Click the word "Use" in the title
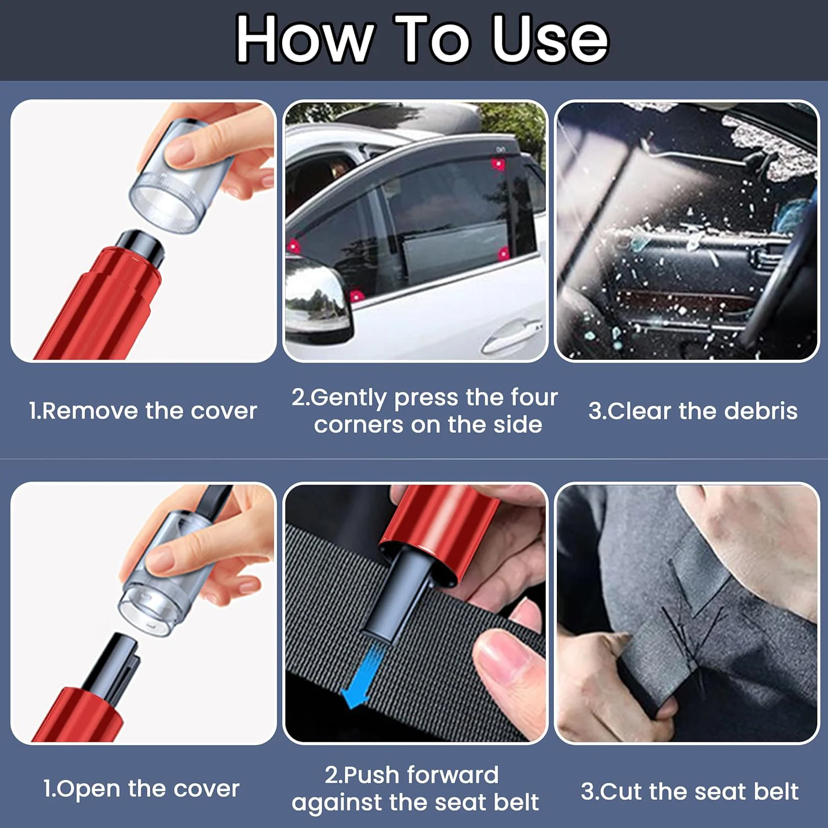(x=550, y=39)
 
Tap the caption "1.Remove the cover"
(x=143, y=411)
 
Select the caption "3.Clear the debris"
(x=693, y=411)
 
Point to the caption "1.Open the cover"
(x=141, y=789)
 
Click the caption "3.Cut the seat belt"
(x=689, y=792)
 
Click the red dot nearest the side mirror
(x=357, y=296)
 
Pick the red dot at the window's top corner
(x=498, y=163)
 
